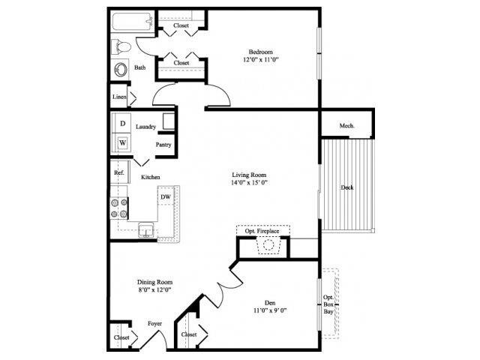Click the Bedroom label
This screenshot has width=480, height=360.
pyautogui.click(x=261, y=52)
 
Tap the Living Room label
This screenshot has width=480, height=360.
pyautogui.click(x=250, y=174)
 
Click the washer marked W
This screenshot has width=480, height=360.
pyautogui.click(x=122, y=142)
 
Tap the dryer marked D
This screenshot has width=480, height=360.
pyautogui.click(x=122, y=123)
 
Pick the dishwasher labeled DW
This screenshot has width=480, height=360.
pyautogui.click(x=166, y=197)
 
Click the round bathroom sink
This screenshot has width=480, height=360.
pyautogui.click(x=121, y=70)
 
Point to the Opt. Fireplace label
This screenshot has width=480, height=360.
pyautogui.click(x=261, y=232)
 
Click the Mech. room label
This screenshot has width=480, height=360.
pyautogui.click(x=346, y=125)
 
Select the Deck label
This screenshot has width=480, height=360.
pyautogui.click(x=346, y=187)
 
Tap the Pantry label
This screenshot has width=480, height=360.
pyautogui.click(x=163, y=144)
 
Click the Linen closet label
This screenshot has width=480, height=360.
pyautogui.click(x=118, y=97)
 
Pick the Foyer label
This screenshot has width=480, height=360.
pyautogui.click(x=154, y=324)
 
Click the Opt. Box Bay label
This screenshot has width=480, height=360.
pyautogui.click(x=328, y=305)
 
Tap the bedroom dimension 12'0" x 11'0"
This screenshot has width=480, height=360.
pyautogui.click(x=261, y=60)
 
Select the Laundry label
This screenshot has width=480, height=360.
pyautogui.click(x=145, y=127)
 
